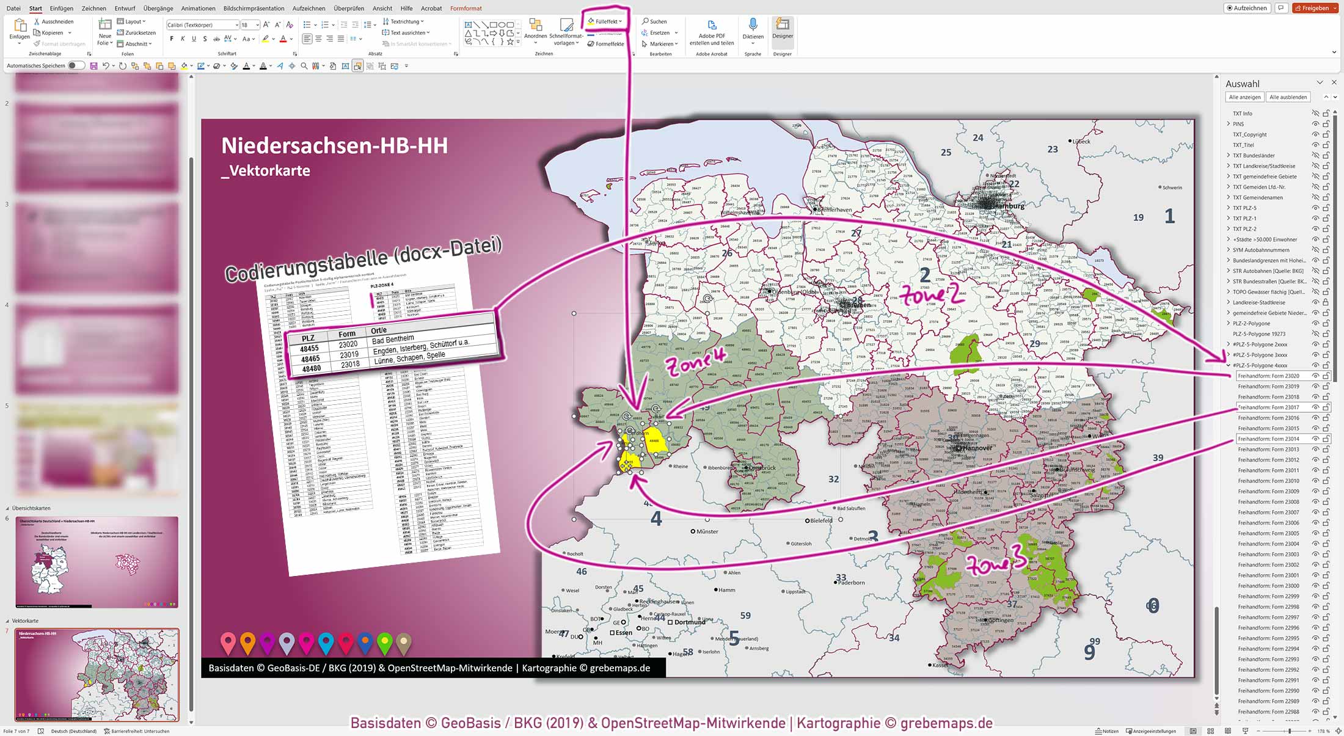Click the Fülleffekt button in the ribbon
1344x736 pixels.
coord(605,21)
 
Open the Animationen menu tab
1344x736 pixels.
coord(198,9)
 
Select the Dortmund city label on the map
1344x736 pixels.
coord(690,622)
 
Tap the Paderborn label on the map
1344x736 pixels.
coord(851,583)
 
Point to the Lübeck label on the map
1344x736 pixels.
coord(1081,142)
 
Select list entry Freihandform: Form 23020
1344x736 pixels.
coord(1268,376)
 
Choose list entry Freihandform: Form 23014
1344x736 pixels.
coord(1268,439)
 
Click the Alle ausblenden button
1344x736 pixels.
coord(1288,97)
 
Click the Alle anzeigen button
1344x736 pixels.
coord(1244,97)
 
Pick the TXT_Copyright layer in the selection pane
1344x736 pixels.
coord(1249,135)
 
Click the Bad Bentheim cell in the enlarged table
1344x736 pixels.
coord(393,340)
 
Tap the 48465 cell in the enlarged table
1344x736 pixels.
coord(310,359)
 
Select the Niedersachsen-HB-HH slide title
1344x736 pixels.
coord(334,145)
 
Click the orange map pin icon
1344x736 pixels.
coord(247,643)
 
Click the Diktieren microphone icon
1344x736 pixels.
coord(753,26)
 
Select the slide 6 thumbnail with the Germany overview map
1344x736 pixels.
coord(97,562)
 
